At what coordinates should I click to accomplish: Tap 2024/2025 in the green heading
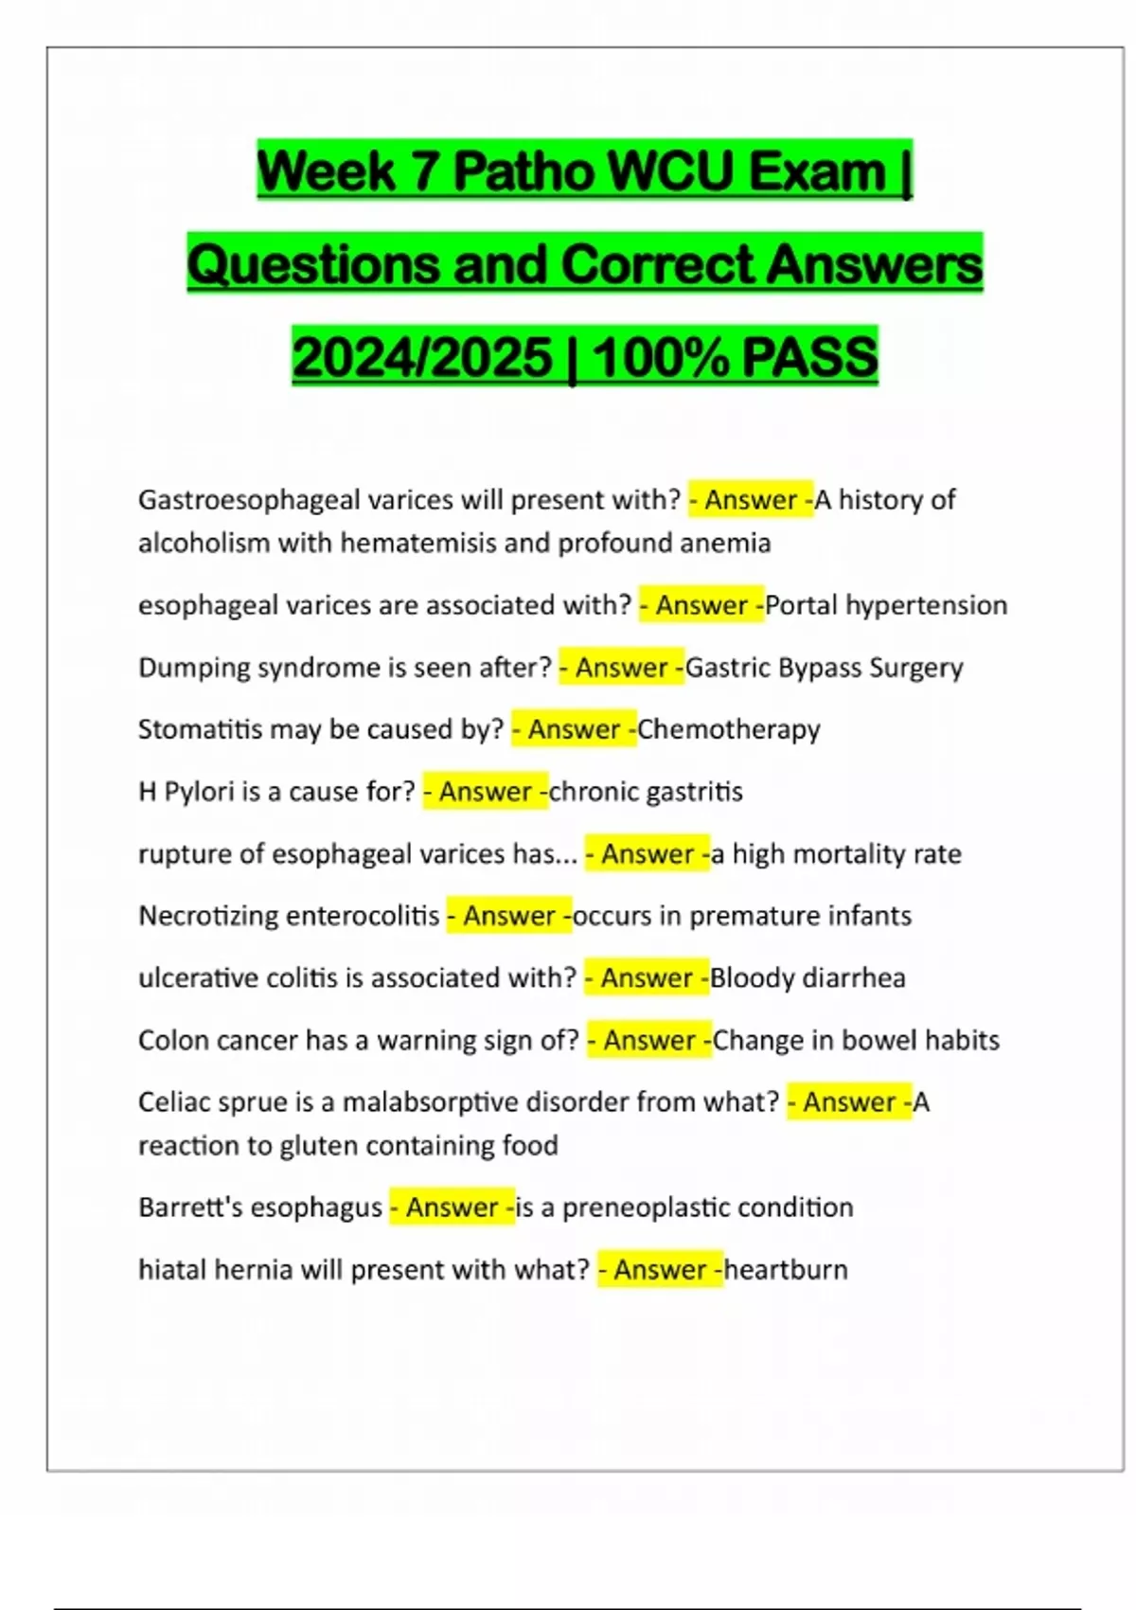pos(422,358)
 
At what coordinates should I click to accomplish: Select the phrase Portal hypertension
pos(886,605)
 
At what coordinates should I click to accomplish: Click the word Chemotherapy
pos(729,730)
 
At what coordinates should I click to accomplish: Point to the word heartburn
pos(786,1270)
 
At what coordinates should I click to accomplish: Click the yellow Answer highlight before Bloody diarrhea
pos(647,978)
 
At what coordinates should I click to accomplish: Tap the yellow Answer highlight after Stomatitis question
pos(574,730)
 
